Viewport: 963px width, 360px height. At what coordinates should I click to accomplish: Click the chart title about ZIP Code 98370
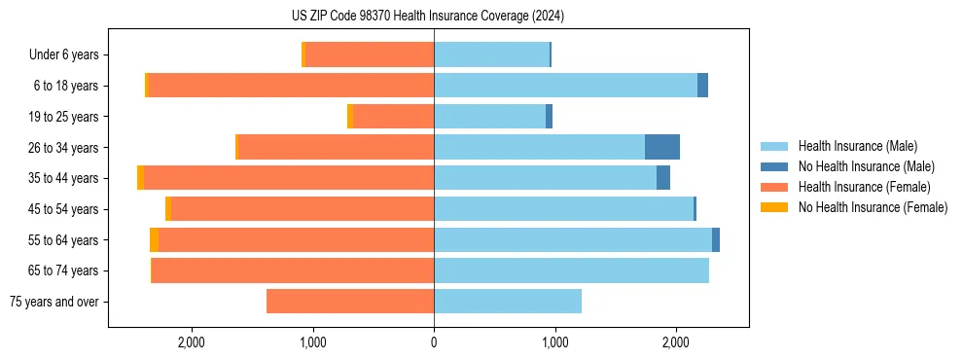click(x=428, y=16)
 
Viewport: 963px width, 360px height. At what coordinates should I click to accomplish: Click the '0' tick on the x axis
click(x=434, y=342)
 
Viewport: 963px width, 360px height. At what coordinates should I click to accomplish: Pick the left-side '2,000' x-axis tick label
click(x=192, y=342)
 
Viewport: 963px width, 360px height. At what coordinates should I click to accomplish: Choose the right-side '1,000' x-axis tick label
click(x=554, y=342)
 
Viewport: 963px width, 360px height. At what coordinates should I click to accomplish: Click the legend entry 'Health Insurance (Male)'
click(x=857, y=146)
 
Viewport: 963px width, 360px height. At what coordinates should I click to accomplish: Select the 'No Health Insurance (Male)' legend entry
click(x=866, y=166)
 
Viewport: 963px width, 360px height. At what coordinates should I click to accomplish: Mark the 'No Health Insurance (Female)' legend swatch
click(x=774, y=207)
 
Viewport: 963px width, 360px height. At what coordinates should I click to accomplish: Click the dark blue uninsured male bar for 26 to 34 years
click(x=662, y=147)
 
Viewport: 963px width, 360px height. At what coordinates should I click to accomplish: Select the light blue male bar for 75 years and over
click(x=508, y=302)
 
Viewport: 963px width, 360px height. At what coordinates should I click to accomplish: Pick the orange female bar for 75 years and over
click(x=350, y=302)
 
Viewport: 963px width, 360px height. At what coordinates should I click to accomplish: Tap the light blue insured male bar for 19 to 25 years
click(x=489, y=117)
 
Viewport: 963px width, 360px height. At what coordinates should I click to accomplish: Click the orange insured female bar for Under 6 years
click(x=370, y=54)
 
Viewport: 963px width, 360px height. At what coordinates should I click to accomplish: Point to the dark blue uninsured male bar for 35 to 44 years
click(x=663, y=178)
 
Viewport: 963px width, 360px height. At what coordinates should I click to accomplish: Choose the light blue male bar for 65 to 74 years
click(x=571, y=270)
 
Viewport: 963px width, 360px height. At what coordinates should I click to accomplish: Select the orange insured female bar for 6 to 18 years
click(x=292, y=86)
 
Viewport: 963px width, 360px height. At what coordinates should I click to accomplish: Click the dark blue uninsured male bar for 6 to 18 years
click(x=703, y=86)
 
